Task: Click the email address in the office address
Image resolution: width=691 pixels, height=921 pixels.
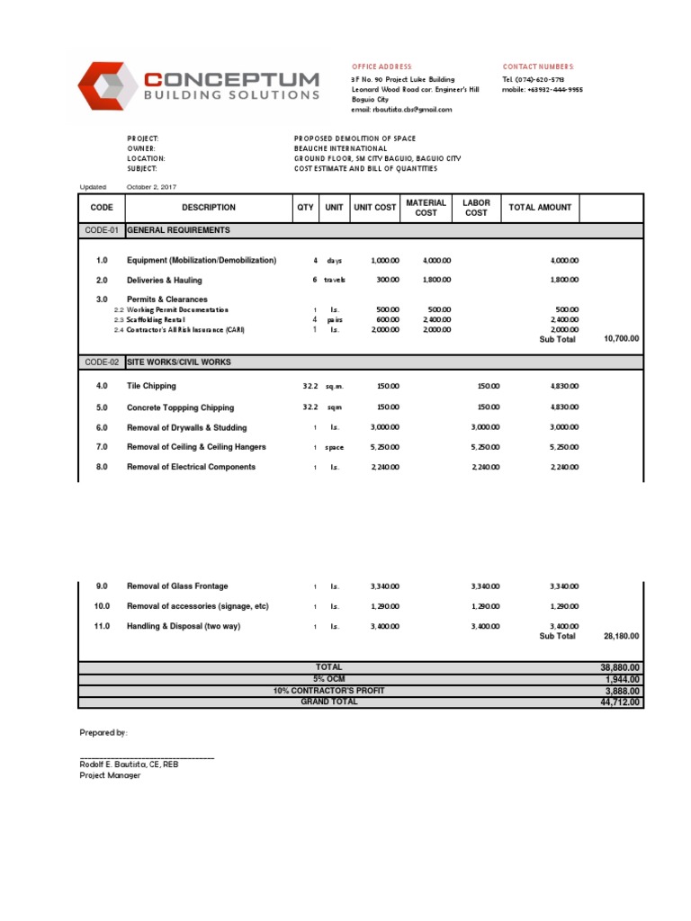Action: (x=401, y=110)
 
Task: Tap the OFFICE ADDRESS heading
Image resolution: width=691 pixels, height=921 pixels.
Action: (x=381, y=67)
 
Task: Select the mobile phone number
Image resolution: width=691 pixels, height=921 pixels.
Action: (x=543, y=90)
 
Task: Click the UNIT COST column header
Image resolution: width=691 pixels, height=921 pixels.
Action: (x=375, y=208)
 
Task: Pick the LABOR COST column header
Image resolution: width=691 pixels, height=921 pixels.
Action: (x=476, y=208)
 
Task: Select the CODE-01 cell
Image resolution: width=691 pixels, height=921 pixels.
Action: (x=102, y=230)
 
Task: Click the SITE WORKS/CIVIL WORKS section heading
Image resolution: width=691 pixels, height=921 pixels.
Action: (x=179, y=362)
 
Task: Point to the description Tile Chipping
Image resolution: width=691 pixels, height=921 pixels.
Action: (x=151, y=387)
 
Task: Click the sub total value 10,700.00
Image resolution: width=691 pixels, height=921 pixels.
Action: (x=621, y=339)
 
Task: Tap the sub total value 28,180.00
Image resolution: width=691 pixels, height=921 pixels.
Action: (x=621, y=636)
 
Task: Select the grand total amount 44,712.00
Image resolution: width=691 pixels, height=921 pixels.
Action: (x=620, y=702)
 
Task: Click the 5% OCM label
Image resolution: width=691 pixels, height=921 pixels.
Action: (x=328, y=678)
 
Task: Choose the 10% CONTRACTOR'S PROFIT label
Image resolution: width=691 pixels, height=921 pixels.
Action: (x=328, y=690)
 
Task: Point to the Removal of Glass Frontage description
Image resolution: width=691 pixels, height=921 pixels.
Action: (x=177, y=586)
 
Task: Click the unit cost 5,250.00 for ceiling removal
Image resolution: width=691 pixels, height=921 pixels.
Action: (x=384, y=448)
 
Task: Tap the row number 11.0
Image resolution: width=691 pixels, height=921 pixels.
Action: (x=102, y=626)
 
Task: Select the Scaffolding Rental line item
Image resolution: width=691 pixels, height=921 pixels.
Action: (x=156, y=320)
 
